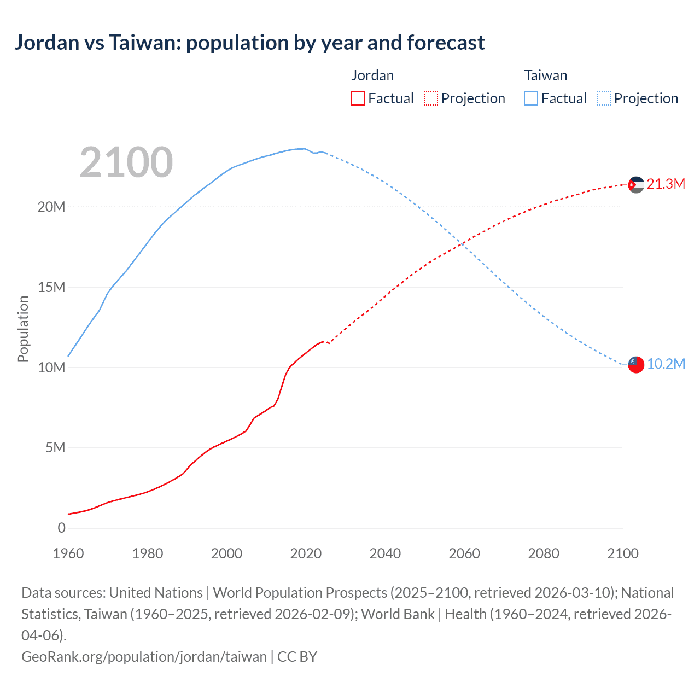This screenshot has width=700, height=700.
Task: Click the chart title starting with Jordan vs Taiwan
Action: pyautogui.click(x=249, y=43)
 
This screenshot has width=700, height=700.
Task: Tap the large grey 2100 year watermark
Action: pyautogui.click(x=126, y=162)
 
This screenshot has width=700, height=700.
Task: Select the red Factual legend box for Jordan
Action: pyautogui.click(x=358, y=98)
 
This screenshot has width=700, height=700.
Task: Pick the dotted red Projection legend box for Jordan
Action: pyautogui.click(x=431, y=98)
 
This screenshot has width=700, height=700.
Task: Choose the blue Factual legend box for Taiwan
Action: pyautogui.click(x=530, y=98)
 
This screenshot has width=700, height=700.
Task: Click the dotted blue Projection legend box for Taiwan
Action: pyautogui.click(x=604, y=98)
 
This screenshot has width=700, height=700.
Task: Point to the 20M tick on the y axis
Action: pyautogui.click(x=51, y=207)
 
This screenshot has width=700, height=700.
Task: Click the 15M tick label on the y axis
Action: pyautogui.click(x=51, y=287)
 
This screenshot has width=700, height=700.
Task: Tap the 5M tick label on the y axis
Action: pyautogui.click(x=55, y=448)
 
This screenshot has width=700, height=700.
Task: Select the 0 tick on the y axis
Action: pyautogui.click(x=61, y=528)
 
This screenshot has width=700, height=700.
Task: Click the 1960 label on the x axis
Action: pyautogui.click(x=68, y=553)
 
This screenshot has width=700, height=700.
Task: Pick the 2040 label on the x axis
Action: pyautogui.click(x=385, y=553)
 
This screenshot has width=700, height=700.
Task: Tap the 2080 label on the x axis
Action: pyautogui.click(x=544, y=553)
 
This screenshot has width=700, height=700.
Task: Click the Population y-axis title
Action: pyautogui.click(x=23, y=329)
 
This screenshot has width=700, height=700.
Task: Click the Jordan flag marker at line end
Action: pyautogui.click(x=635, y=185)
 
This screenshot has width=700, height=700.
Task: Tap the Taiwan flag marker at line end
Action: pyautogui.click(x=635, y=364)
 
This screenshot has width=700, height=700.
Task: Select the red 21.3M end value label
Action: pyautogui.click(x=666, y=184)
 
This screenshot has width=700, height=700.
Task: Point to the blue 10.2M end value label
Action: pyautogui.click(x=666, y=364)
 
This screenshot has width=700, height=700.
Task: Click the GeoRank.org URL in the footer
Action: pyautogui.click(x=144, y=656)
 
